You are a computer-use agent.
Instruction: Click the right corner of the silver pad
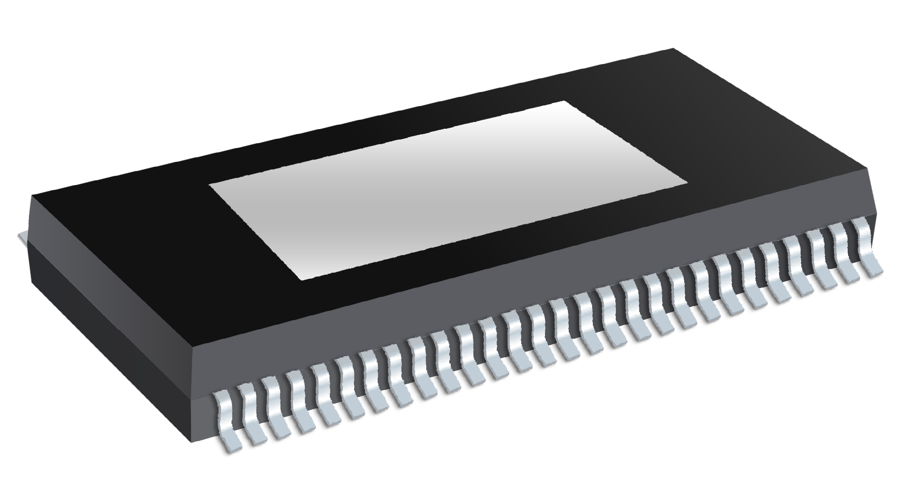(687, 183)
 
